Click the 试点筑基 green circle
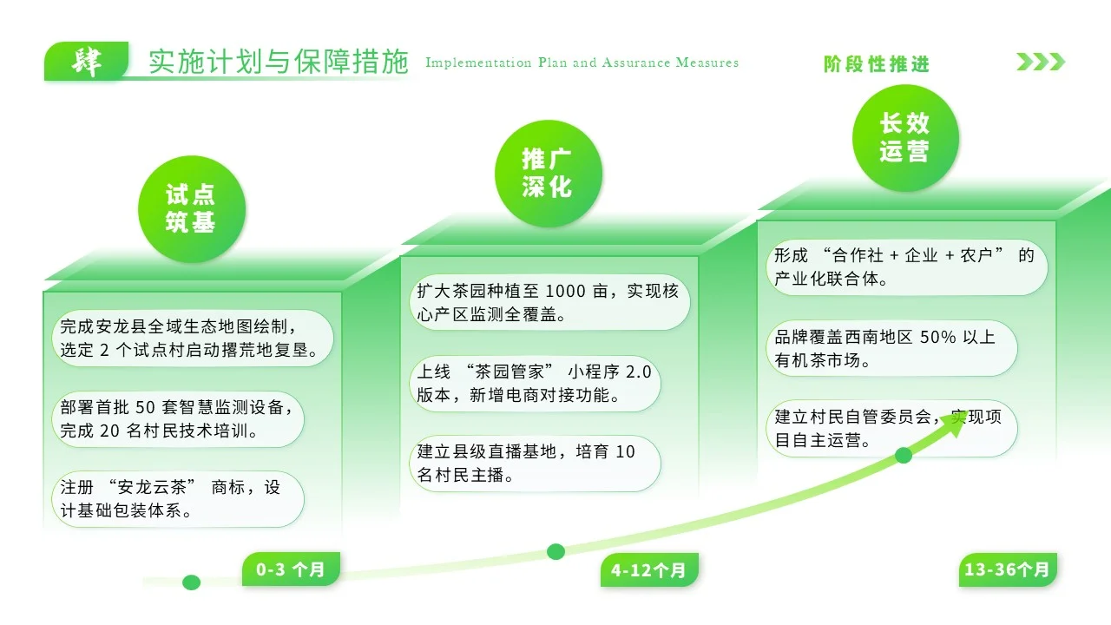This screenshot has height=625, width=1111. point(192,208)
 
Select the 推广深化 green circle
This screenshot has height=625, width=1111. point(548,173)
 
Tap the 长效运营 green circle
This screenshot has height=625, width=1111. point(904,138)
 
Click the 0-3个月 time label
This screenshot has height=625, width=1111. point(291,569)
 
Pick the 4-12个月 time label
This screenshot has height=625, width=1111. point(648,569)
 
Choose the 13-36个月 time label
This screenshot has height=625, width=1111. point(1007,569)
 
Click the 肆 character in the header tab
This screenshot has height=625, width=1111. point(86,62)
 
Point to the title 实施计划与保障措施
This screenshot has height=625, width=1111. point(278,62)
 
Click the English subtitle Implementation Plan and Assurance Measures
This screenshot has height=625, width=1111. point(582,62)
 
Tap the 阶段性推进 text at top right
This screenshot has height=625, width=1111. point(877,64)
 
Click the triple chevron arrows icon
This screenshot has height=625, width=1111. point(1041,62)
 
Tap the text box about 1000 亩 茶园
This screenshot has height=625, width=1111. point(549,303)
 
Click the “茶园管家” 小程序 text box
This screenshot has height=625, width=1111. point(535,384)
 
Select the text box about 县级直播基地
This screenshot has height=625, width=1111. point(535,464)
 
